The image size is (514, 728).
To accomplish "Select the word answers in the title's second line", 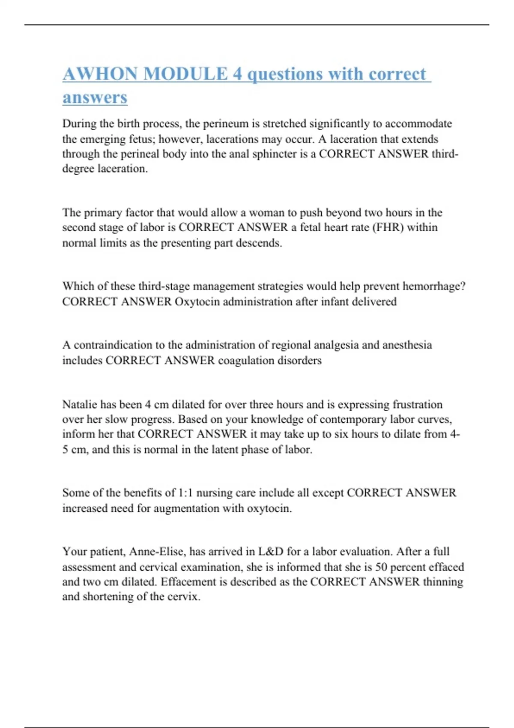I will pos(95,97).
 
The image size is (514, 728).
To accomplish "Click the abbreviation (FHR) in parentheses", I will pos(388,227).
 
